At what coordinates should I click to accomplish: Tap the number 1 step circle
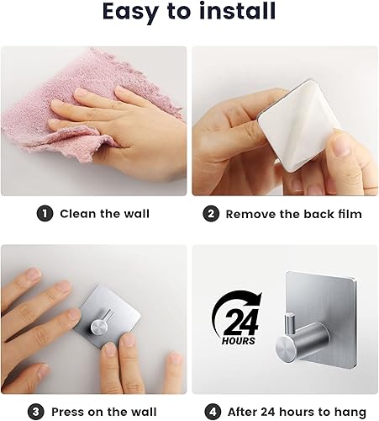point(44,214)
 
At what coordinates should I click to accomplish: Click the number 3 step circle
point(35,412)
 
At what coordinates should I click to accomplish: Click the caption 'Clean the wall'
point(104,214)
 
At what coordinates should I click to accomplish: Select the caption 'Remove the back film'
point(294,214)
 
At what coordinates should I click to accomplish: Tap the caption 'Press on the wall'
point(113,412)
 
